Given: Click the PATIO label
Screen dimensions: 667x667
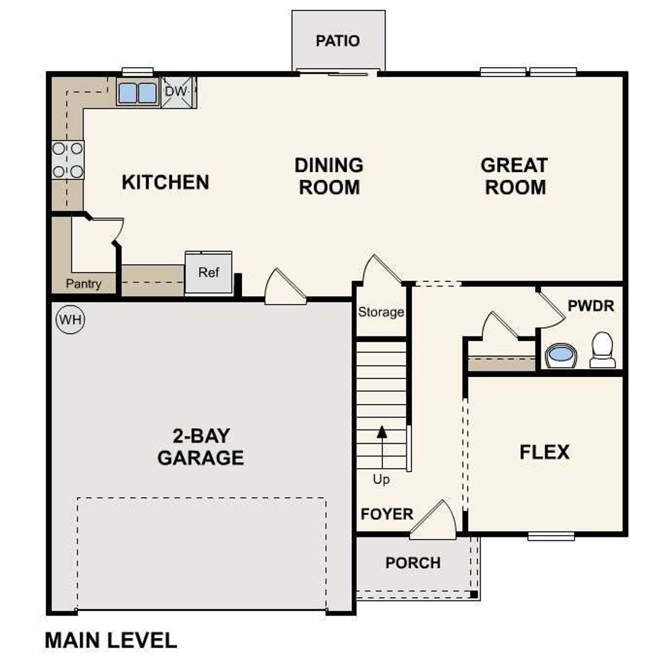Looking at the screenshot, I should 338,41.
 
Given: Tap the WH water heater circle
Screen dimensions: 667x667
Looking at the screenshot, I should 70,319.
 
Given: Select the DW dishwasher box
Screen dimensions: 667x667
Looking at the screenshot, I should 176,92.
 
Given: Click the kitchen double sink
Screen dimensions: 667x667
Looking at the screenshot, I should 138,93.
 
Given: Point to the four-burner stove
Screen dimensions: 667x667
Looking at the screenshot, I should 68,159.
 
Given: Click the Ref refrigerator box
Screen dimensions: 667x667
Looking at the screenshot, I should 208,273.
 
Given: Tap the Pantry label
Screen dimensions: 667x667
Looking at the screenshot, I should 83,284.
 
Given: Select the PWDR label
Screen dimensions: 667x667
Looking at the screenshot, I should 591,306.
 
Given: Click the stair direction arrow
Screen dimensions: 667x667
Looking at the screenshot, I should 382,431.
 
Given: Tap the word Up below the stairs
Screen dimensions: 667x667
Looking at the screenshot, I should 381,479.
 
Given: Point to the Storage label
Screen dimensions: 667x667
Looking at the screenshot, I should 381,312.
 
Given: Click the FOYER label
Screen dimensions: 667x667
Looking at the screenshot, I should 387,514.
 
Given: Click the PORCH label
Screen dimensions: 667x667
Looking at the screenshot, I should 413,563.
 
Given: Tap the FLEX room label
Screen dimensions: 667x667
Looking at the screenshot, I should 544,452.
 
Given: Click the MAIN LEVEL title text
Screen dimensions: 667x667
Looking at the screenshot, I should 111,640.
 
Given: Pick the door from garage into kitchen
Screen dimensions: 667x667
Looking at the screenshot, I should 284,288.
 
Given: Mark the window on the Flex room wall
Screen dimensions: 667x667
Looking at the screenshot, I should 551,536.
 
